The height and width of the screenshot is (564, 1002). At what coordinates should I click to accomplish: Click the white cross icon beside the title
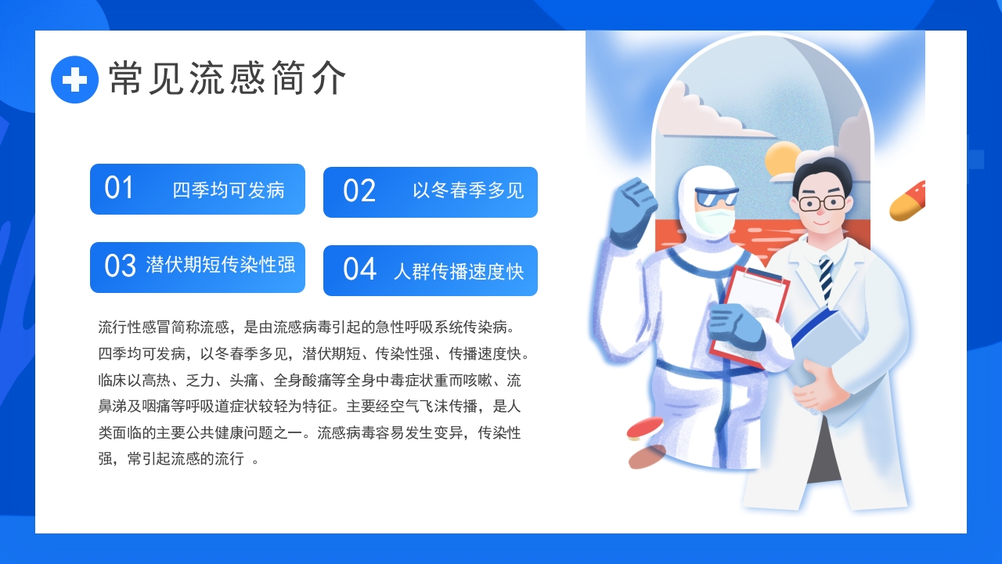[74, 79]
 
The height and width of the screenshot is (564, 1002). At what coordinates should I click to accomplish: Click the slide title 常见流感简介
[227, 78]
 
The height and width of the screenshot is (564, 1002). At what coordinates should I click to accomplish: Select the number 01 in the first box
[119, 188]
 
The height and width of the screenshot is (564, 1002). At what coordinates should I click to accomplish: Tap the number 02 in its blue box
[359, 191]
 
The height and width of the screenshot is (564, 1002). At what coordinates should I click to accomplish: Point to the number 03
[120, 266]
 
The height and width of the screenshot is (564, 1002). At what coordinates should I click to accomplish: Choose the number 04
[359, 269]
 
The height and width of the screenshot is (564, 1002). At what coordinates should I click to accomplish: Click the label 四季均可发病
[229, 190]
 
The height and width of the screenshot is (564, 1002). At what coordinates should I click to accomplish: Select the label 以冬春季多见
[468, 190]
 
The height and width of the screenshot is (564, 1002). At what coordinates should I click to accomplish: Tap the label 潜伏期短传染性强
[221, 265]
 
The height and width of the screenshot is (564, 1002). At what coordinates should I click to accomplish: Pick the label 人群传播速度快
[459, 272]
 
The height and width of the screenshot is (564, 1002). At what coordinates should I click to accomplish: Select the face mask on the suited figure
[713, 220]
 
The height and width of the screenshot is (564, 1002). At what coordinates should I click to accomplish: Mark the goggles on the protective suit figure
[716, 197]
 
